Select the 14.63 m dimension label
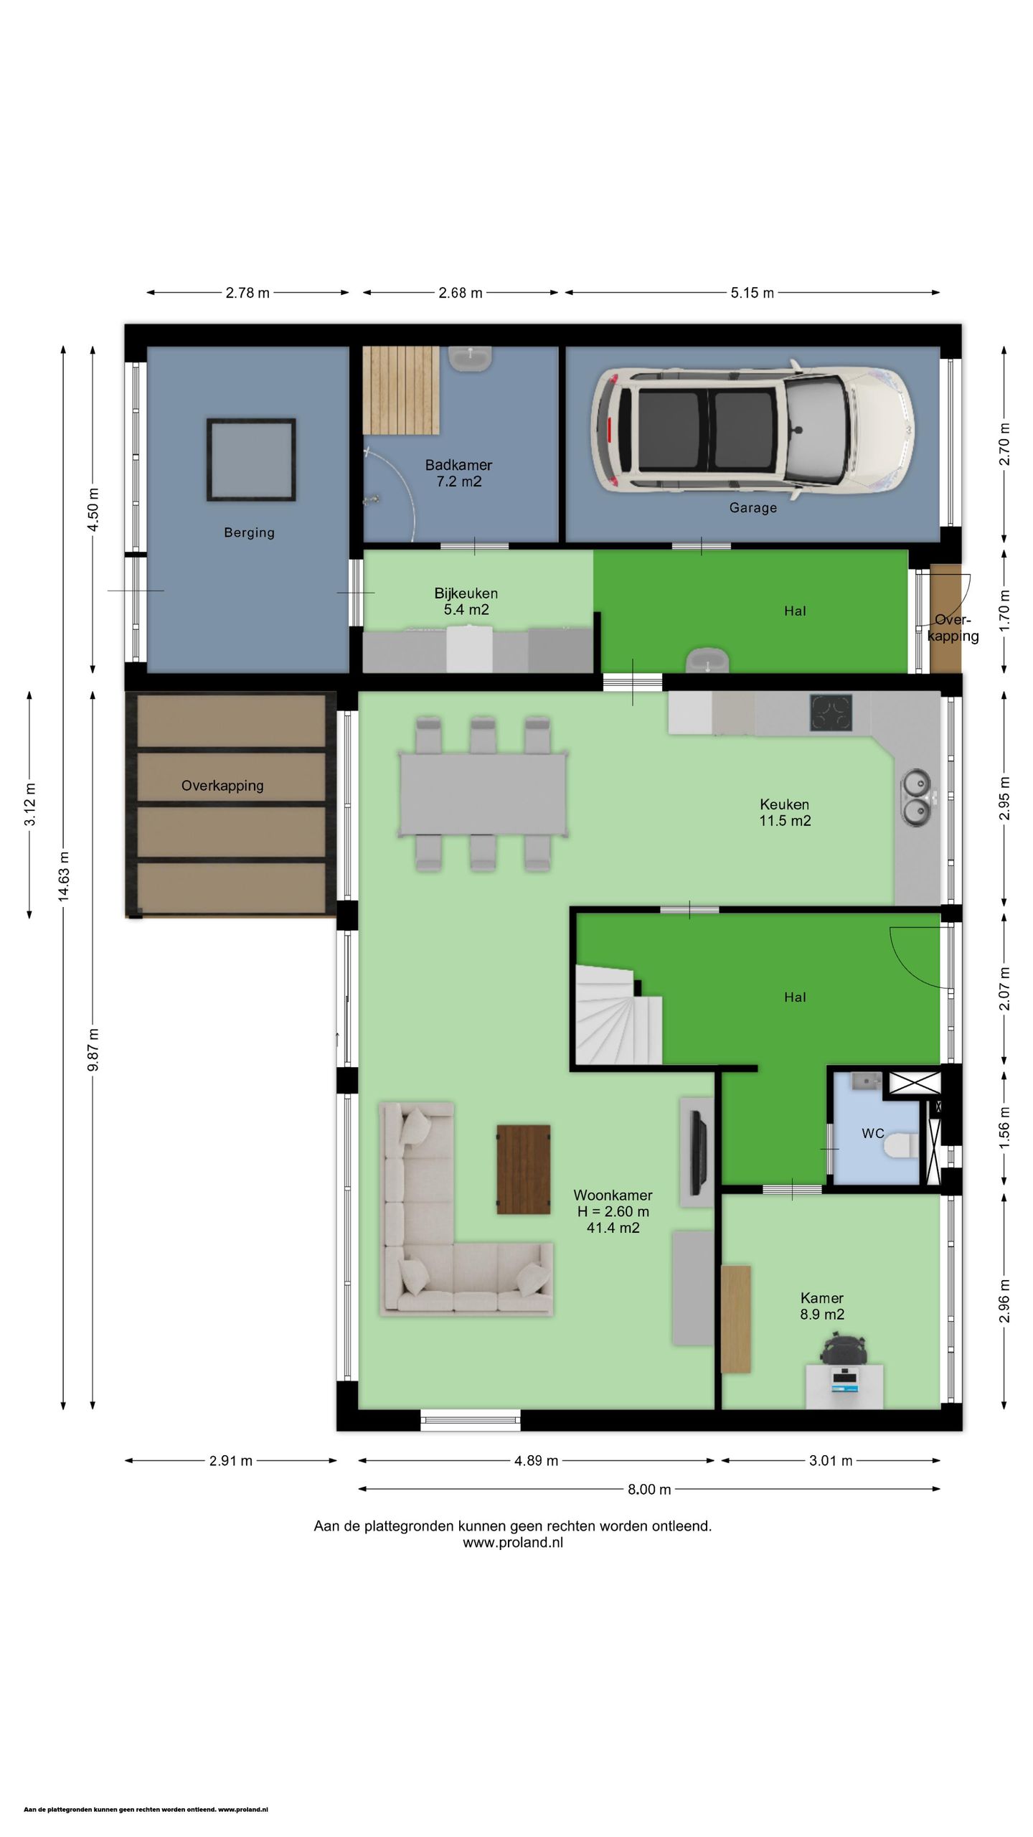click(64, 876)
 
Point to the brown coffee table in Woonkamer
click(524, 1169)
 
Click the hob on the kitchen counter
click(831, 713)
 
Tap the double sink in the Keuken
click(916, 796)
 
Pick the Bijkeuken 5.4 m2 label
click(466, 601)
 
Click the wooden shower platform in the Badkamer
click(401, 390)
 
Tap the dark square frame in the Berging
click(251, 459)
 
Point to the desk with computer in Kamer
click(844, 1386)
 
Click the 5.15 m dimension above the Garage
click(753, 293)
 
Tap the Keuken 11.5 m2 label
click(785, 812)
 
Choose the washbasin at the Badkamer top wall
click(471, 357)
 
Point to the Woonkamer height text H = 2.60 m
click(613, 1211)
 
